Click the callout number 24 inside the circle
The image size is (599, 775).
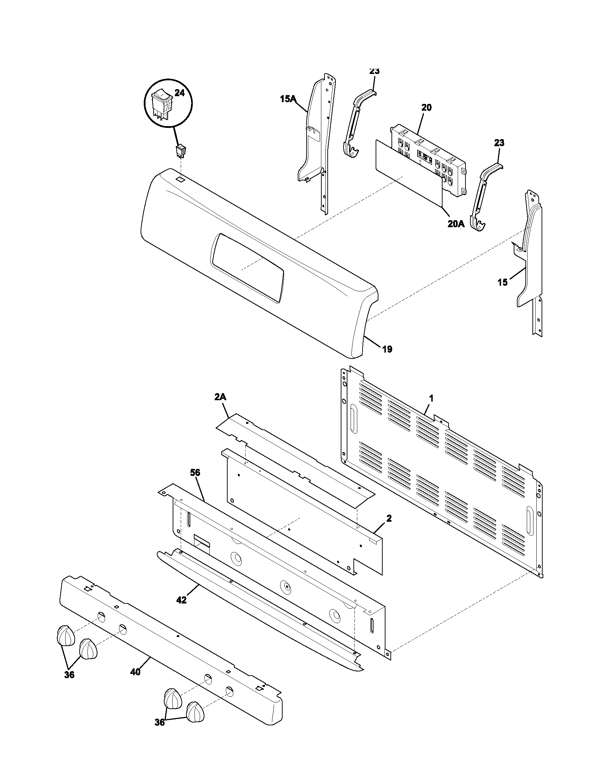[180, 93]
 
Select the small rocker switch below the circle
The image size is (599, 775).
[181, 151]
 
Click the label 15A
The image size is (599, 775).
[288, 99]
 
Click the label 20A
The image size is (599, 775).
[456, 224]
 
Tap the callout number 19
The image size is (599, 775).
[387, 349]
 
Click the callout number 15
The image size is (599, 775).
[502, 283]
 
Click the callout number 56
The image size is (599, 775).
[195, 473]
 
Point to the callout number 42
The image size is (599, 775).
[181, 600]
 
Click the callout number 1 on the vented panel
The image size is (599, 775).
[431, 398]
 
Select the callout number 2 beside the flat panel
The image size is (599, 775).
[389, 519]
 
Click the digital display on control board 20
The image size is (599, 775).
[425, 156]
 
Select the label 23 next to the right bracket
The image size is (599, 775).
[499, 143]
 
